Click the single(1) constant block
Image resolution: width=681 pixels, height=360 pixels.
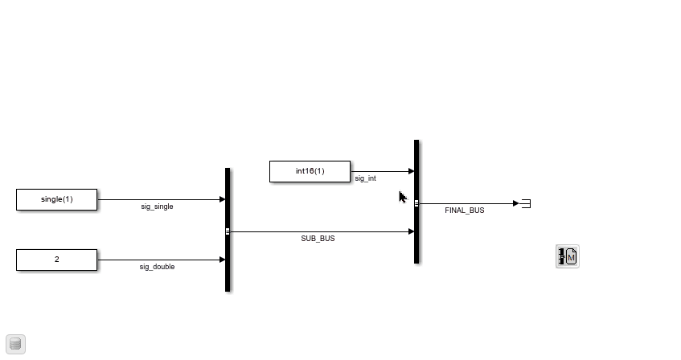tap(57, 200)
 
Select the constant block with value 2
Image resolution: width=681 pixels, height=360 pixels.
tap(57, 260)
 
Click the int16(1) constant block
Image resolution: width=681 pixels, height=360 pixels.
tap(310, 171)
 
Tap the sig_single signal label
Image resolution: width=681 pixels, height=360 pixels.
tap(157, 207)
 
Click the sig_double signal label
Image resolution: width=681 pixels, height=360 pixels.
tap(157, 267)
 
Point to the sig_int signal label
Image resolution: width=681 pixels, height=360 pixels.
tap(365, 178)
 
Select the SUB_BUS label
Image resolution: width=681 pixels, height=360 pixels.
tap(318, 239)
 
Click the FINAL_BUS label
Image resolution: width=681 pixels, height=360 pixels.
tap(464, 211)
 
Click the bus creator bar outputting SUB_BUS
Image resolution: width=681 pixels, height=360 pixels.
tap(228, 230)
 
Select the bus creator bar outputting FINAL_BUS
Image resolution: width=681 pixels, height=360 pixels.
tap(416, 202)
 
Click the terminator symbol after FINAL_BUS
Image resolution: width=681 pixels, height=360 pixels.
tap(526, 203)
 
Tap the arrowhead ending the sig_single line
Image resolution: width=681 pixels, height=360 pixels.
tap(223, 199)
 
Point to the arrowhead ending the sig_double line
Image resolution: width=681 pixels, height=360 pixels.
tap(223, 260)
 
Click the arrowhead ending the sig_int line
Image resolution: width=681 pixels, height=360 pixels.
tap(412, 171)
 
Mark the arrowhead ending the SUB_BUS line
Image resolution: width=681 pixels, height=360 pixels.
tap(412, 231)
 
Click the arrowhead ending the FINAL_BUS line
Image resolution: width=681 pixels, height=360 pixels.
tap(516, 203)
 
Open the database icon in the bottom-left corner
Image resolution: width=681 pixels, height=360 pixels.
tap(15, 344)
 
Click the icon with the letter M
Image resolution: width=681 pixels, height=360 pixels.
tap(567, 256)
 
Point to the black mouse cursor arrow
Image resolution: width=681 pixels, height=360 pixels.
tap(403, 197)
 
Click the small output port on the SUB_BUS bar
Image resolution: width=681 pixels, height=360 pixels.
tap(228, 231)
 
